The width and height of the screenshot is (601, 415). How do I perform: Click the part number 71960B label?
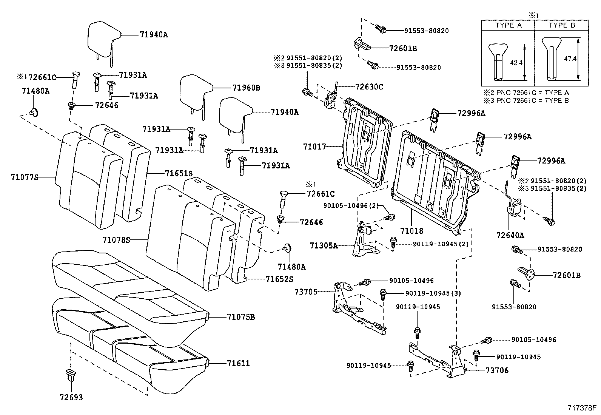[x=246, y=88]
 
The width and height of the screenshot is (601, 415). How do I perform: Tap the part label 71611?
[x=238, y=364]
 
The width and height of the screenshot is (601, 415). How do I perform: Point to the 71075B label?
[x=241, y=317]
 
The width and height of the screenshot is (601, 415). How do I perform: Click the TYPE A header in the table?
[x=508, y=25]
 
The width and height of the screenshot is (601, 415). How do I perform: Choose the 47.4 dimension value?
[x=570, y=59]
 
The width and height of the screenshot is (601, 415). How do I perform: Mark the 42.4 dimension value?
[x=516, y=63]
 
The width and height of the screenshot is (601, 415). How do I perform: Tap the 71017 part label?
[x=314, y=147]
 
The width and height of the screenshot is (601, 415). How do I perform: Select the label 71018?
[x=411, y=231]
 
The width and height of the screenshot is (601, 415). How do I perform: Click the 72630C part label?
[x=369, y=87]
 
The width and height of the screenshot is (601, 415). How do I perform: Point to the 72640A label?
[x=510, y=235]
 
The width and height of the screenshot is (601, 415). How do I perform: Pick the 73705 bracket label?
[x=306, y=292]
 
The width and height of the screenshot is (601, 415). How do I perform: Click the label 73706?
[x=497, y=370]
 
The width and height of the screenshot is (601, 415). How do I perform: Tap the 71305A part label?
[x=324, y=245]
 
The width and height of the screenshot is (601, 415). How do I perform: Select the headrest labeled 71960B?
[x=196, y=93]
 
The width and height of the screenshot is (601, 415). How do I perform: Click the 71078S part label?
[x=116, y=240]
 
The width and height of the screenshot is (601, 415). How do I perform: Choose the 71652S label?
[x=280, y=279]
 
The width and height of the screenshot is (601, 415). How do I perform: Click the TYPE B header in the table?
[x=562, y=25]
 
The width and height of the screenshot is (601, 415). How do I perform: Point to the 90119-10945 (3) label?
[x=433, y=293]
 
